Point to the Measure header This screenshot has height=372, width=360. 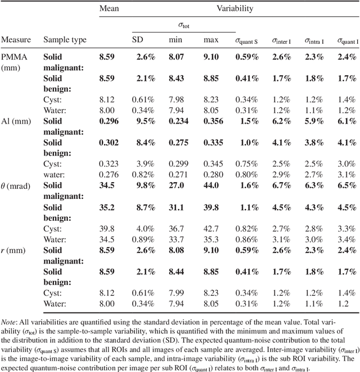16,40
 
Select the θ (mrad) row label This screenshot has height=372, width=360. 19,185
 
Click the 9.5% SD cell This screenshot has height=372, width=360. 144,121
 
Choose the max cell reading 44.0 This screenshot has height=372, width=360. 211,185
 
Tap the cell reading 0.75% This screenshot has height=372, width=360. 247,164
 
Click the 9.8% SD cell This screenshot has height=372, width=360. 144,185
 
